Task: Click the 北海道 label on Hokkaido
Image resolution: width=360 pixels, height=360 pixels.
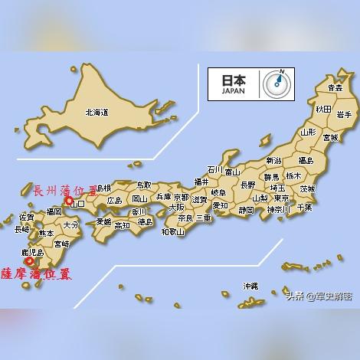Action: [97, 113]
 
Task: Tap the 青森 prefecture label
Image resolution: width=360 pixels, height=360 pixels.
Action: [334, 89]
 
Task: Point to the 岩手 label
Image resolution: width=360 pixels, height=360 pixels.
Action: [343, 115]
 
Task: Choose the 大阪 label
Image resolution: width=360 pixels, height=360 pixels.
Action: [176, 207]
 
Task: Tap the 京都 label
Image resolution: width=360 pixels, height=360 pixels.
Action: [181, 197]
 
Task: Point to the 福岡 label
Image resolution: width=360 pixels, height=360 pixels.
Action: [54, 211]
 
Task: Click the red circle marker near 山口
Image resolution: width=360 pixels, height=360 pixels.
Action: [69, 201]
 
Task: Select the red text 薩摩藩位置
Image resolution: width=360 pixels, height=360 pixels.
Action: [37, 273]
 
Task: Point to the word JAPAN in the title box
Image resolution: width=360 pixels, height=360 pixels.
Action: [233, 90]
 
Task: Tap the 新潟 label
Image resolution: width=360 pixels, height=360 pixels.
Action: [273, 161]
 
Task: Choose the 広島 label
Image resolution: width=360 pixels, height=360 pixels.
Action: [115, 200]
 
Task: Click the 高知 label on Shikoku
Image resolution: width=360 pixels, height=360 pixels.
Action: [122, 225]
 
